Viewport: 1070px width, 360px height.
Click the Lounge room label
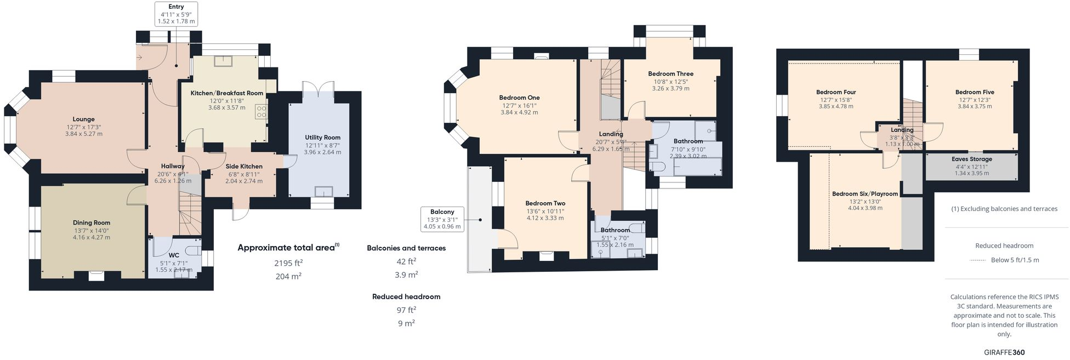[x=84, y=119]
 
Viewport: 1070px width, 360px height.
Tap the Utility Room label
[x=323, y=138]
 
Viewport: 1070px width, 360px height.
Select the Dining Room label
[x=92, y=223]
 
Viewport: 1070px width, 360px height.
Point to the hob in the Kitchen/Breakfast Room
[x=261, y=112]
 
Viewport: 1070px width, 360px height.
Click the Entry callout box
[x=176, y=14]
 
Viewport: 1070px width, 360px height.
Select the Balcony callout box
[x=442, y=219]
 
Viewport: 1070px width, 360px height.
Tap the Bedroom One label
[x=519, y=98]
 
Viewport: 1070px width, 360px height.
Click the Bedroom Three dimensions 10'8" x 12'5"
[x=670, y=81]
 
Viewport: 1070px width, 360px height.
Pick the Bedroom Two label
[x=545, y=203]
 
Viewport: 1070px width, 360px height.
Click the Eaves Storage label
[x=972, y=159]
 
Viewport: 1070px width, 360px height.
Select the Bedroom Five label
[x=975, y=92]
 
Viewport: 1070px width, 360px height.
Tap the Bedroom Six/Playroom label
[x=865, y=194]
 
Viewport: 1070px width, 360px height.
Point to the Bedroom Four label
[x=836, y=92]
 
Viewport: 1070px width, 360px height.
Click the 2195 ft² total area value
[x=288, y=263]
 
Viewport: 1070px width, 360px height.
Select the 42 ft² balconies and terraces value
[x=406, y=261]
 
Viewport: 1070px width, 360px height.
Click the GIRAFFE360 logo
[x=1004, y=352]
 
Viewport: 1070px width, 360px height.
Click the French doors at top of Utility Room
[x=318, y=88]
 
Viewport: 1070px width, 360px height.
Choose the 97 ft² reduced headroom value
[x=406, y=310]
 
